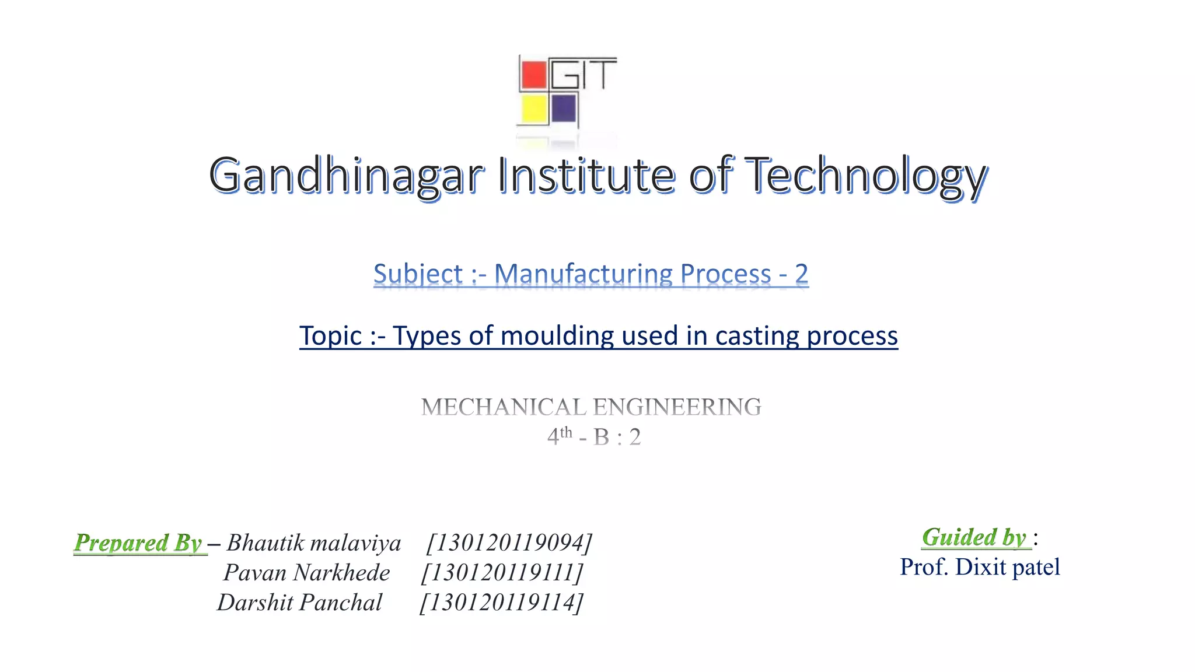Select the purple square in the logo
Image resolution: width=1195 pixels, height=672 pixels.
[564, 108]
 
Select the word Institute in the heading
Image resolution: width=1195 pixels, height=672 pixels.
[586, 175]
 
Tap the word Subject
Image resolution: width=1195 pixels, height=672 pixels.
[418, 274]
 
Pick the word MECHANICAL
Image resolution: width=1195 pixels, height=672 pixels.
[503, 407]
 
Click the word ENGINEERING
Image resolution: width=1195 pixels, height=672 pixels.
[677, 407]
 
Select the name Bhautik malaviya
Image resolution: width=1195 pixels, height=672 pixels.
[314, 543]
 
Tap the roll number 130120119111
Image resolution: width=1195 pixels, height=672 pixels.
[502, 573]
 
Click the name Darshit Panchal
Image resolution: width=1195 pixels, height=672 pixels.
[300, 603]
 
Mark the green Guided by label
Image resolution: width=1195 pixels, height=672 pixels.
[974, 537]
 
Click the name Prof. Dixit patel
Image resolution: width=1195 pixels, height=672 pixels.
[980, 567]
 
